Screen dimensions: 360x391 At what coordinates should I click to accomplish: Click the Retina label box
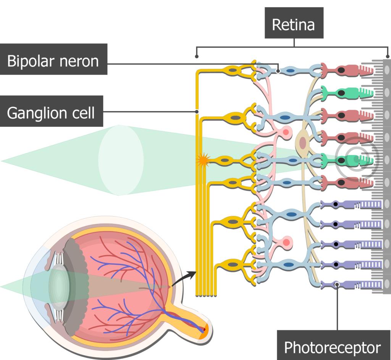pos(294,25)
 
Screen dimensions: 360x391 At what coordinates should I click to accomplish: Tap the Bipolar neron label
pos(53,61)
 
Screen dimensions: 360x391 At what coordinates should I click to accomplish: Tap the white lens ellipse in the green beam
pos(121,160)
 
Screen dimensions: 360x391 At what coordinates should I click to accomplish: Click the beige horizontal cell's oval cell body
pos(303,143)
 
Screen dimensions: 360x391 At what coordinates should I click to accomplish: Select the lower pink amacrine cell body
pos(285,242)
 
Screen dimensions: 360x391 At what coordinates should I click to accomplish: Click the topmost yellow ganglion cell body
pos(233,70)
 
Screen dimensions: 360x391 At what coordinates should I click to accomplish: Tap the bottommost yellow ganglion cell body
pos(232,264)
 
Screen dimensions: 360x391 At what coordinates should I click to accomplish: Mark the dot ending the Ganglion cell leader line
pos(197,112)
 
